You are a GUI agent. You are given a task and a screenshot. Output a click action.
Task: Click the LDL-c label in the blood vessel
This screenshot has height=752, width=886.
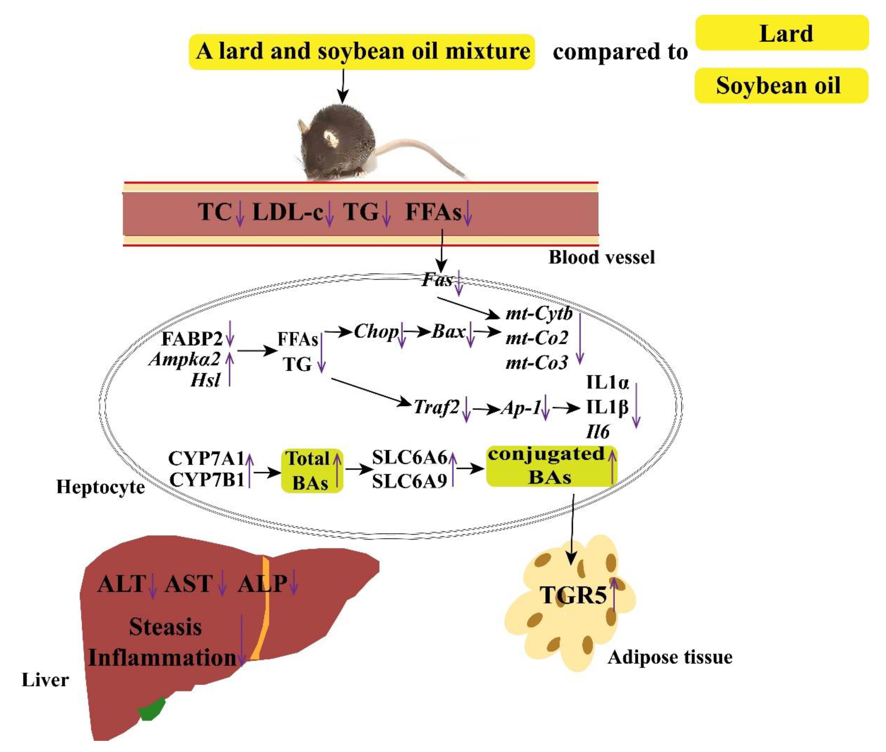pos(288,212)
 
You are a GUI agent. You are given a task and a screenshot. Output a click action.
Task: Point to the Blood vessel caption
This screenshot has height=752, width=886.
pos(601,257)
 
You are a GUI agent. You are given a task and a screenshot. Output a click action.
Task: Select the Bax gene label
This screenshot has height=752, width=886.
pos(448,331)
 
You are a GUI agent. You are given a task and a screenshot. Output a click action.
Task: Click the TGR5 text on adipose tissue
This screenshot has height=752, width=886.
pos(573,595)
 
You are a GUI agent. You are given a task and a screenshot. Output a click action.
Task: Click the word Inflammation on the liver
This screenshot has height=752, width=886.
pos(162,658)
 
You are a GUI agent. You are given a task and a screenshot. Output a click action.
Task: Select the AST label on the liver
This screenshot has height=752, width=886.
pos(189,584)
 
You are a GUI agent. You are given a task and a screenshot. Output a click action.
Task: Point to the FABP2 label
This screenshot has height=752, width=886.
pos(192,339)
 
